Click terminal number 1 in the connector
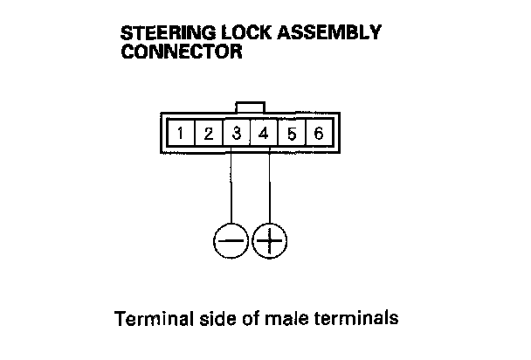[x=180, y=135]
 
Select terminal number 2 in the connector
[x=209, y=135]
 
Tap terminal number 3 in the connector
[x=237, y=135]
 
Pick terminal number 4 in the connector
[x=265, y=135]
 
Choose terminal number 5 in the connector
[x=293, y=135]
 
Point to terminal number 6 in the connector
[x=320, y=135]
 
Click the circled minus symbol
[x=231, y=239]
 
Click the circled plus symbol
[x=270, y=239]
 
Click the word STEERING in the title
[x=167, y=33]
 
